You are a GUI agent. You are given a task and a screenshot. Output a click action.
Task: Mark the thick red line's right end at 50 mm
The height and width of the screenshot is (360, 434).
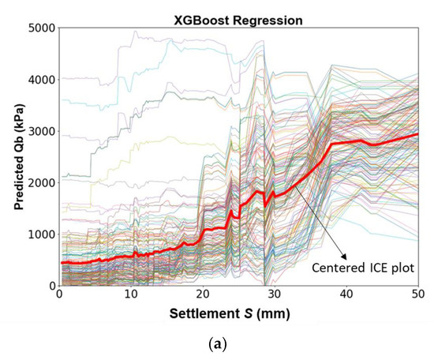(x=417, y=134)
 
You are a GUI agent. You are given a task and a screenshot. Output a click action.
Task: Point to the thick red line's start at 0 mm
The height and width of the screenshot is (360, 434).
(x=61, y=262)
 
